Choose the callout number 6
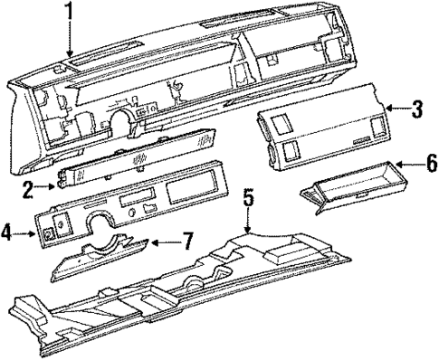[431, 166]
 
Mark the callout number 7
[186, 242]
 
